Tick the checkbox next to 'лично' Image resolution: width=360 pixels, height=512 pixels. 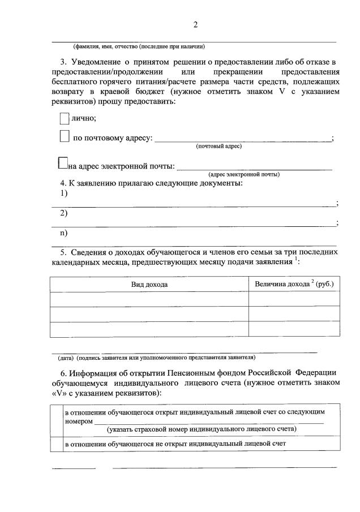pos(64,118)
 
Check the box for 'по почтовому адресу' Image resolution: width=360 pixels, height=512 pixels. pos(65,136)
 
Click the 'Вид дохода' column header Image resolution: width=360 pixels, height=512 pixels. pos(149,284)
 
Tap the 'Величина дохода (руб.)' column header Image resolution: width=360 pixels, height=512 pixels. pos(294,283)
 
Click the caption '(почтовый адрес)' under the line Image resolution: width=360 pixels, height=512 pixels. pos(219,147)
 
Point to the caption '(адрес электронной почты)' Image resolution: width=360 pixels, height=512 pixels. pos(244,174)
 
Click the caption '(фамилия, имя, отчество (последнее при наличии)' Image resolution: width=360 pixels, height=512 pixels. pos(139,46)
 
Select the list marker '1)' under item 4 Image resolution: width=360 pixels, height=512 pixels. pos(64,193)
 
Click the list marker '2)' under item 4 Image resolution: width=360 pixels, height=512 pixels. pos(64,213)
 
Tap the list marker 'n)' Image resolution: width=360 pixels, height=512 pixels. pos(64,233)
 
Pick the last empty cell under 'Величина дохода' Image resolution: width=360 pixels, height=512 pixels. pos(294,329)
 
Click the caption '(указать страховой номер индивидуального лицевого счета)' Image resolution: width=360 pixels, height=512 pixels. pos(203,429)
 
